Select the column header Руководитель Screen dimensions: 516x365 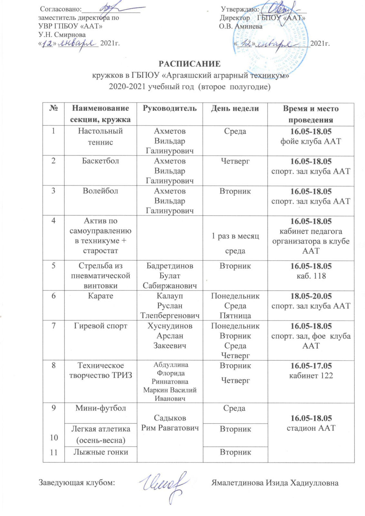pos(170,108)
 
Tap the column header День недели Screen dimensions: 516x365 pos(235,108)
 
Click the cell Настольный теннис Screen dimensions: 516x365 pos(100,136)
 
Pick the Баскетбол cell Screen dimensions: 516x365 pos(100,161)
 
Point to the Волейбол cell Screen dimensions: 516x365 pos(100,191)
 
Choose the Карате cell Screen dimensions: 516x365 pos(100,296)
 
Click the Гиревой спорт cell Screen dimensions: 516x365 pos(100,326)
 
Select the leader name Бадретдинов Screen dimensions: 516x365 pos(170,266)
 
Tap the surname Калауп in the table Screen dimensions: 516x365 pos(170,296)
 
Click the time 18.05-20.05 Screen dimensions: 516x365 pos(311,296)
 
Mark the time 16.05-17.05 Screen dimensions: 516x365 pos(311,366)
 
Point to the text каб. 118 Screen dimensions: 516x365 pos(311,276)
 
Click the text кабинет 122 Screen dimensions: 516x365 pos(311,375)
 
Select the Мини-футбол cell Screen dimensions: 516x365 pos(100,408)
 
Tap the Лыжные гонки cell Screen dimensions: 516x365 pos(100,452)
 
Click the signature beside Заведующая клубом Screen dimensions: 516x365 pos(164,484)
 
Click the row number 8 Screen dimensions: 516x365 pos(54,365)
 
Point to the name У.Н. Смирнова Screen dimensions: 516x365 pos(62,35)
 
